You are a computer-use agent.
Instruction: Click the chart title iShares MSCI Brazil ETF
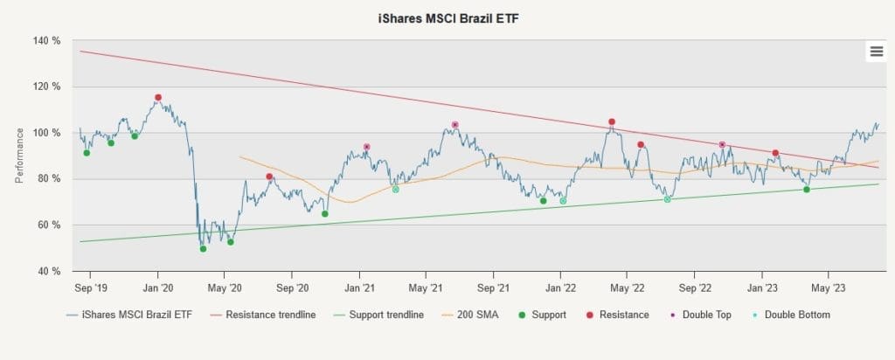click(x=447, y=18)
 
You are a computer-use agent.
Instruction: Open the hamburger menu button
click(x=876, y=52)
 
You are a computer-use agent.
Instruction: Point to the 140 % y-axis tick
click(x=49, y=41)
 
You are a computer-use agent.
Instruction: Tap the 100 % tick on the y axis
click(x=49, y=133)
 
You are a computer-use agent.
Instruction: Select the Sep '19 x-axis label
click(x=90, y=288)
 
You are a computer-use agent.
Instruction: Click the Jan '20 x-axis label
click(x=157, y=288)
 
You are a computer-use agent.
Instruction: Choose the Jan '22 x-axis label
click(x=560, y=288)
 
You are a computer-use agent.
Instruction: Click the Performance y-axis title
click(x=19, y=156)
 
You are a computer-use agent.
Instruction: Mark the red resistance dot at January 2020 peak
click(x=158, y=98)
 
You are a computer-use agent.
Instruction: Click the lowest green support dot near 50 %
click(x=203, y=249)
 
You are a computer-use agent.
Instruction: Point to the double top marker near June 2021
click(x=454, y=125)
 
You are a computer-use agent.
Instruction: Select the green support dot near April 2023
click(x=807, y=190)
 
